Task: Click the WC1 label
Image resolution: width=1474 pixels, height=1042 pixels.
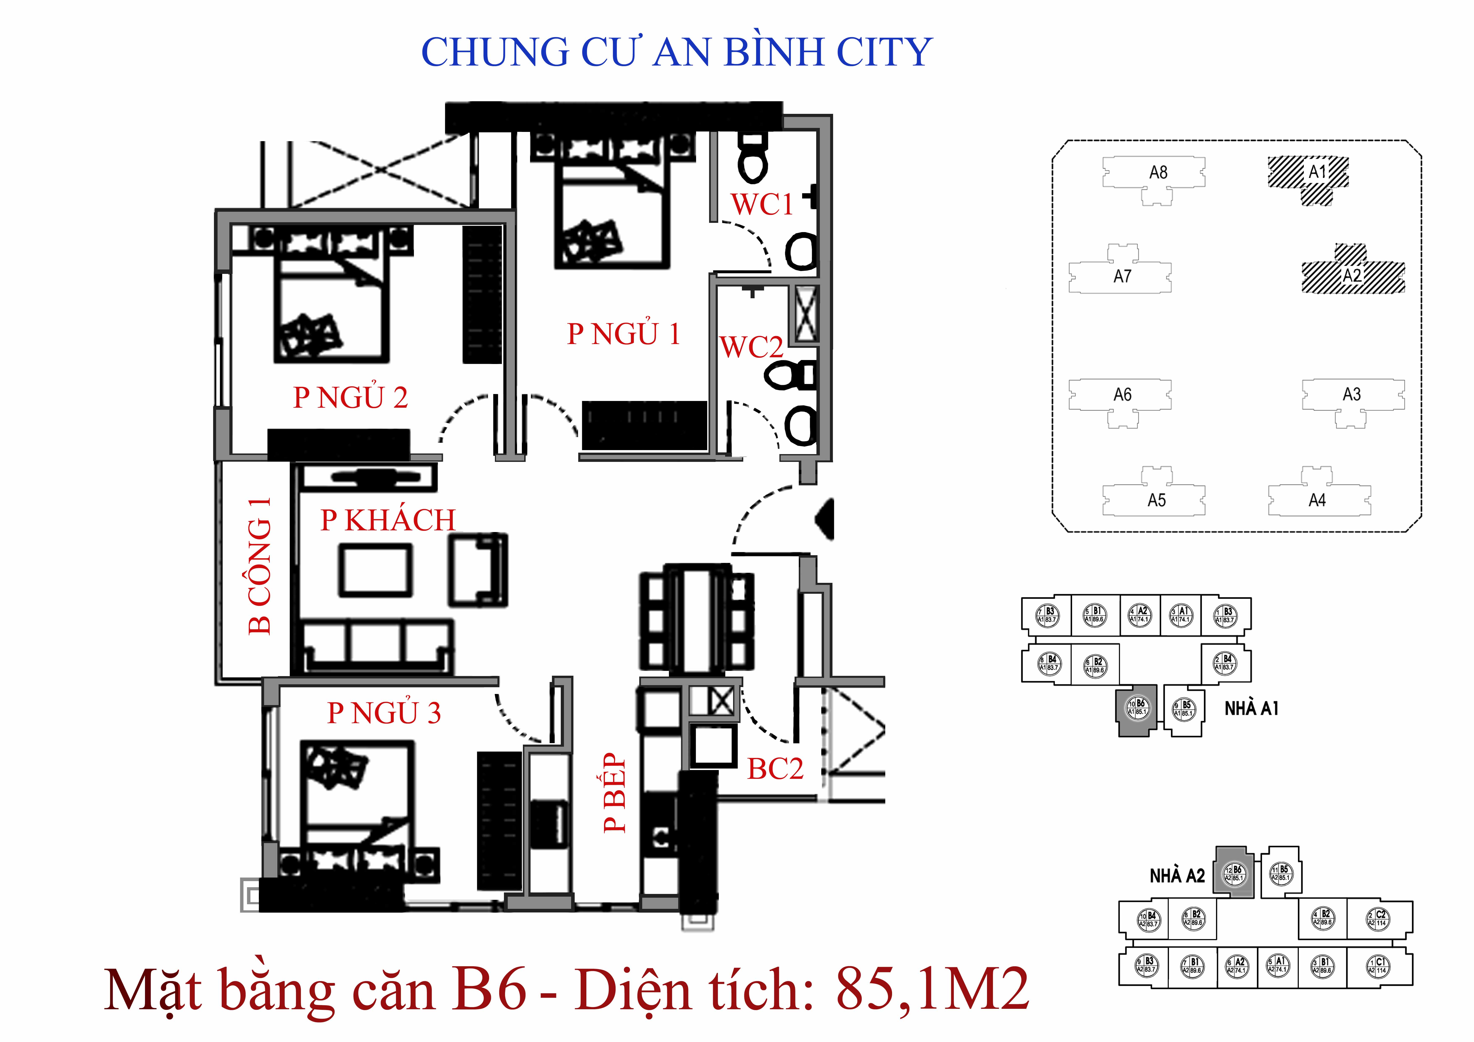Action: point(762,205)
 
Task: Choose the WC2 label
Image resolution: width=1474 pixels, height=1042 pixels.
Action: point(751,347)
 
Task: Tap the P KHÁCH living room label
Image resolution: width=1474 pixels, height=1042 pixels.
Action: point(388,520)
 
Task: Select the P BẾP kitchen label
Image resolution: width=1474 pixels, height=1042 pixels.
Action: point(614,793)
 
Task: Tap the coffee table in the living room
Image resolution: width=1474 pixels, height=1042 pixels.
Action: point(376,570)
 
